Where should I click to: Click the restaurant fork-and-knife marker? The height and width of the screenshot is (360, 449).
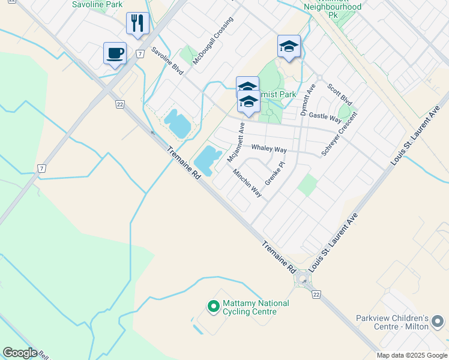pyautogui.click(x=138, y=24)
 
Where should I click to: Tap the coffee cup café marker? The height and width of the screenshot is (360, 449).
pyautogui.click(x=115, y=53)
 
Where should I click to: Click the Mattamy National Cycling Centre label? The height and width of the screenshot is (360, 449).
pyautogui.click(x=256, y=307)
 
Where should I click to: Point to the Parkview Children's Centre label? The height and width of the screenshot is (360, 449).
pyautogui.click(x=400, y=322)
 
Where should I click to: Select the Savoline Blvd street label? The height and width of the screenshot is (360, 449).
pyautogui.click(x=167, y=61)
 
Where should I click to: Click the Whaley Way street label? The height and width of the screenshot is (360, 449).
pyautogui.click(x=268, y=148)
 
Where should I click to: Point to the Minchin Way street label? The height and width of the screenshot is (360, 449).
pyautogui.click(x=247, y=183)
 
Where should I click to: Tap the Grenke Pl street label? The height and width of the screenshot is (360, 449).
pyautogui.click(x=274, y=173)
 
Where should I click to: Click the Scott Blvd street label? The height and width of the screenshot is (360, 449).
pyautogui.click(x=340, y=95)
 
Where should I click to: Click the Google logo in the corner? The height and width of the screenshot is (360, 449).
pyautogui.click(x=20, y=353)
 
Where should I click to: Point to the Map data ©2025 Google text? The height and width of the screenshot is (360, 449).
pyautogui.click(x=412, y=355)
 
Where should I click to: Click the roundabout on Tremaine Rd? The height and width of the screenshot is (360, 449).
pyautogui.click(x=303, y=279)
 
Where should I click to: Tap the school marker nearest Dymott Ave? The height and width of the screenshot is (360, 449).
pyautogui.click(x=289, y=47)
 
